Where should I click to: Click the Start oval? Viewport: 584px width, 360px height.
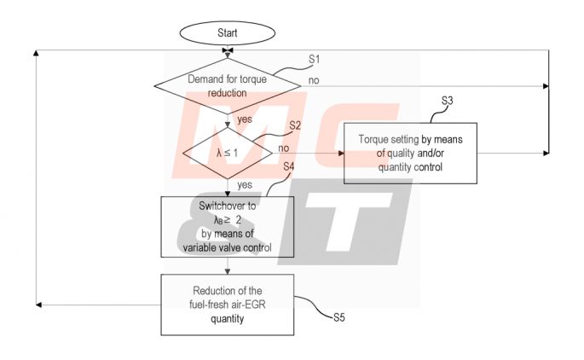[x=227, y=33]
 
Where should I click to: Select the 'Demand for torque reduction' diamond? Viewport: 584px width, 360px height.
[x=227, y=85]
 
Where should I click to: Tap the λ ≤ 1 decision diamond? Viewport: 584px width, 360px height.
[x=227, y=154]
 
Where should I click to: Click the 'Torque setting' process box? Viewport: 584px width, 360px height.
[x=409, y=154]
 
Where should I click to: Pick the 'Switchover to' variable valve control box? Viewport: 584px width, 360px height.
[x=227, y=227]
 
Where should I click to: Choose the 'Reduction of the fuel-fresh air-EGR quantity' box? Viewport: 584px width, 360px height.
[x=227, y=305]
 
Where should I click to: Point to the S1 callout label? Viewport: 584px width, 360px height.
[x=314, y=60]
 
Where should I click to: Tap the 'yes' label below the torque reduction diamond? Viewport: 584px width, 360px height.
[x=245, y=119]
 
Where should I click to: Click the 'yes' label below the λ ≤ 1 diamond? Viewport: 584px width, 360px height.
[x=245, y=184]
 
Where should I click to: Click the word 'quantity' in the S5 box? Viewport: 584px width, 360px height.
[x=227, y=320]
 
